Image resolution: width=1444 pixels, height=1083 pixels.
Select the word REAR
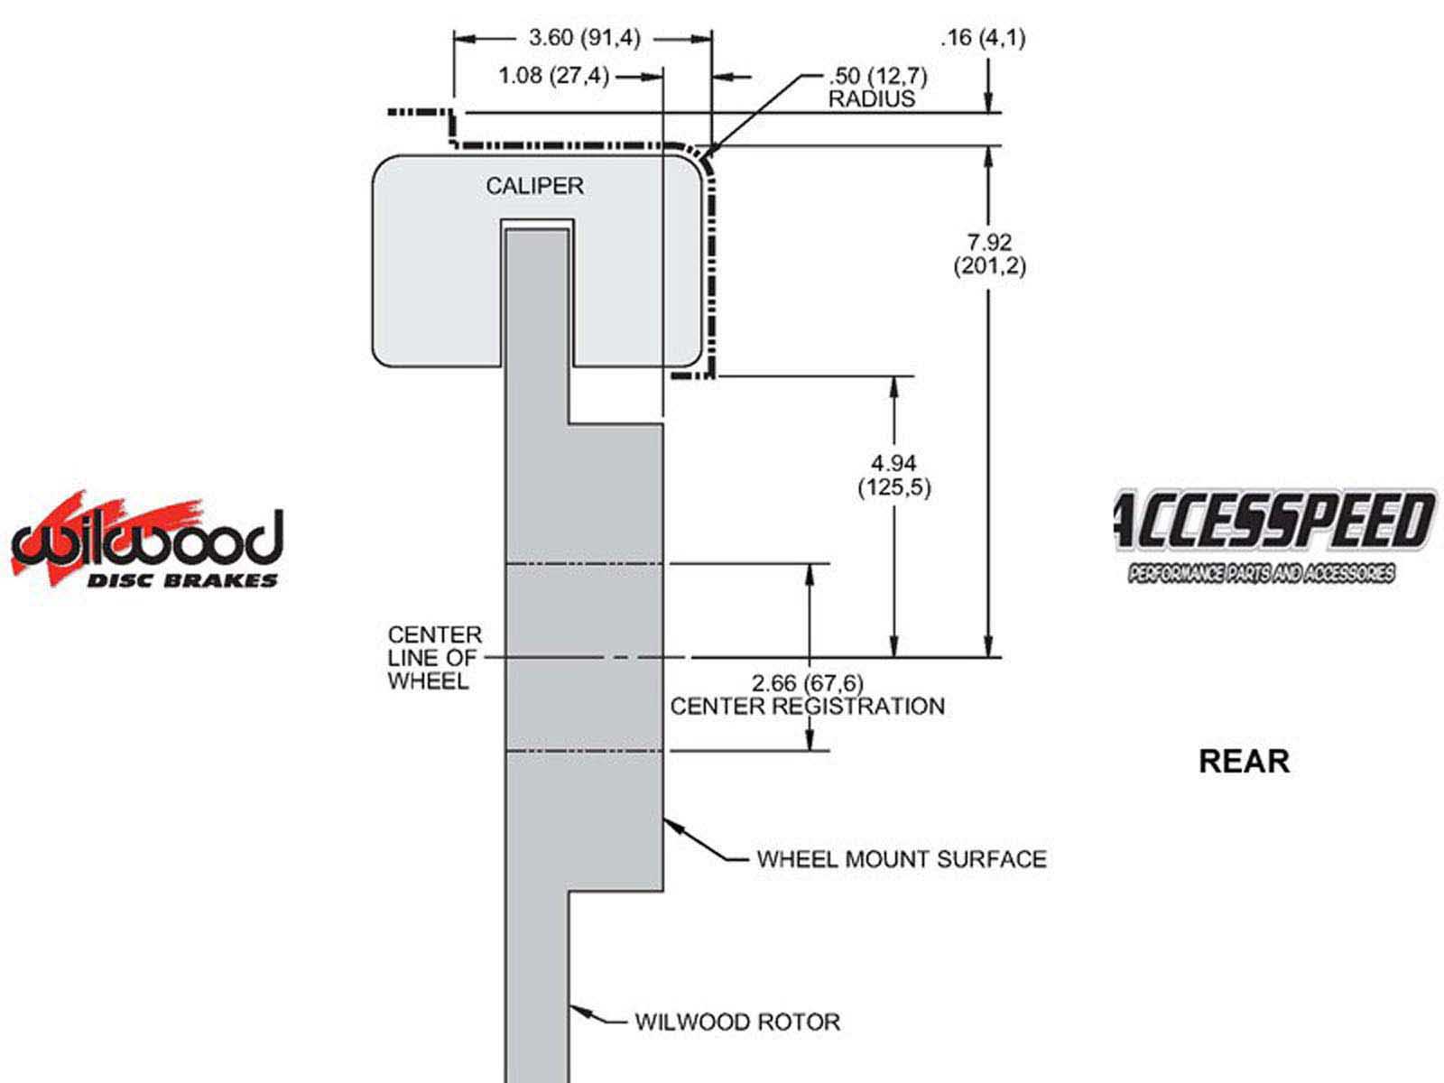1244,761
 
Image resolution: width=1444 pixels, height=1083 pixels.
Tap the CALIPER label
534,186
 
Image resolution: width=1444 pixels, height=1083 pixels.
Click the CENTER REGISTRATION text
808,706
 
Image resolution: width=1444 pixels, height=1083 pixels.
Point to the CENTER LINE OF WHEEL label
434,658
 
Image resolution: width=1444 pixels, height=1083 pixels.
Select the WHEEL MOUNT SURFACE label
901,858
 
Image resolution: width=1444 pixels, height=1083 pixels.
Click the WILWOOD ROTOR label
737,1022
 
